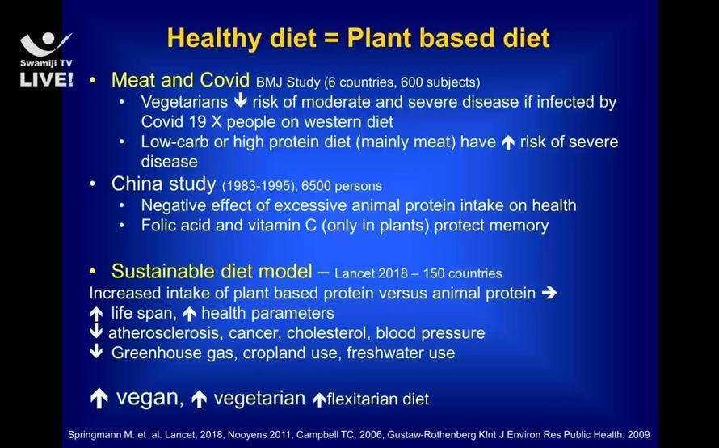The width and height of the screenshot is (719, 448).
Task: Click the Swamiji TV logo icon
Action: tap(45, 44)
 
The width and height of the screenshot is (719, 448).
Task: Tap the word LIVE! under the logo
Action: tap(46, 79)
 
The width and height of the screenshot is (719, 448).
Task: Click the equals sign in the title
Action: tap(331, 38)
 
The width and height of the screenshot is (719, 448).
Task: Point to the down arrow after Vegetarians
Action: tap(240, 101)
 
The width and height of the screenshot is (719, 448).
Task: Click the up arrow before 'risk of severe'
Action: tap(507, 143)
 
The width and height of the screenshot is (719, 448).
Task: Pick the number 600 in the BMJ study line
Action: tap(411, 82)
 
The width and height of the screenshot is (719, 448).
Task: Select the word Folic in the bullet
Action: tap(158, 226)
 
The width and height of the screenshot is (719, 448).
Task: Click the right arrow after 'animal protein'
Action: tap(549, 293)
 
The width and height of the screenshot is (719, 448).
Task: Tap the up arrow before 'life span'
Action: tap(96, 314)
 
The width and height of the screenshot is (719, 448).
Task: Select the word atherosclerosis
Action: tap(165, 333)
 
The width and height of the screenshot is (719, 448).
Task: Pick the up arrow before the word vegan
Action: tap(99, 399)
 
